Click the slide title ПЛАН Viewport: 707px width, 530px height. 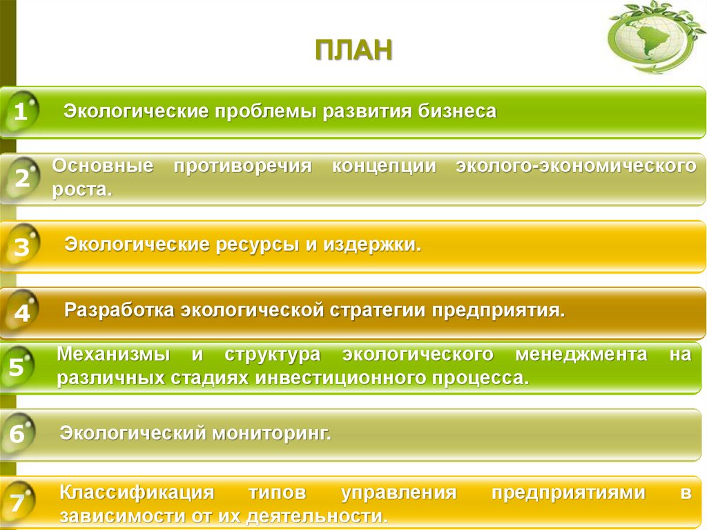[x=353, y=52]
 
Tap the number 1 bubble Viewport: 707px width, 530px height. [x=20, y=112]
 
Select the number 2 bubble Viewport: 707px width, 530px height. [x=21, y=179]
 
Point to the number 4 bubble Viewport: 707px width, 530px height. [x=21, y=314]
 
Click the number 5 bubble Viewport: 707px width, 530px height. [x=17, y=368]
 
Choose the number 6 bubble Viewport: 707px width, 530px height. [x=18, y=435]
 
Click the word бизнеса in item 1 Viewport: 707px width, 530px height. [x=456, y=111]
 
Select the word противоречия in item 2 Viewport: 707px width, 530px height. [x=242, y=167]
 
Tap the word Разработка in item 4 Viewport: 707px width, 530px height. [x=120, y=310]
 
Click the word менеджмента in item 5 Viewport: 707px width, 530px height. [x=581, y=355]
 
